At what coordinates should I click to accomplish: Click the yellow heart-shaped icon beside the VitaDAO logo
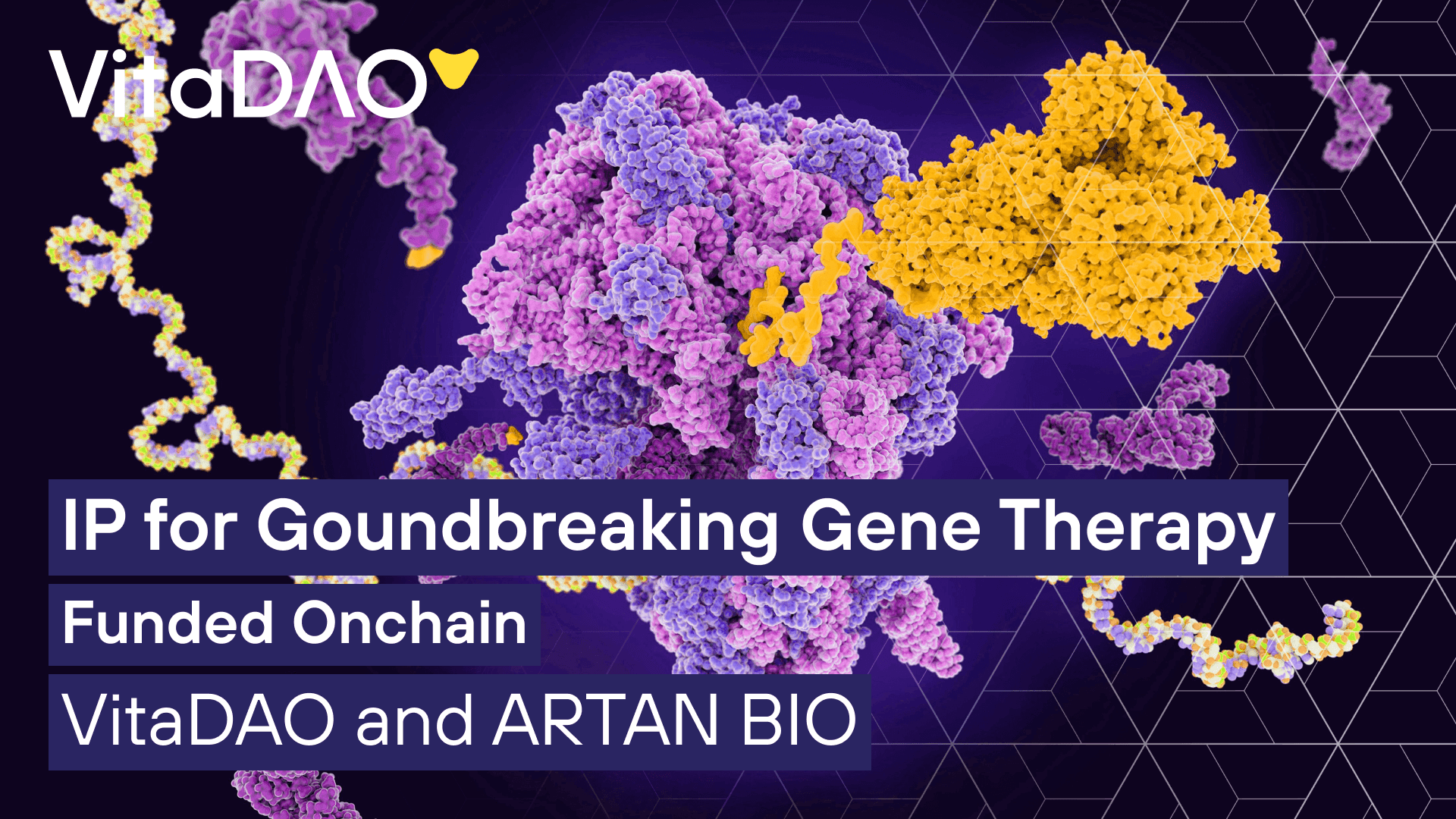click(453, 67)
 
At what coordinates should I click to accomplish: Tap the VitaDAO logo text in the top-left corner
click(239, 83)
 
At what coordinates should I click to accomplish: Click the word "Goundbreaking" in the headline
click(518, 527)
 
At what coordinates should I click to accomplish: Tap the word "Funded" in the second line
click(168, 623)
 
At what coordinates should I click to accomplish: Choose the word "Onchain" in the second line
click(409, 623)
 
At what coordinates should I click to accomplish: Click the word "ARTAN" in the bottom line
click(605, 720)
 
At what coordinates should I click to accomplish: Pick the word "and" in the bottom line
click(415, 720)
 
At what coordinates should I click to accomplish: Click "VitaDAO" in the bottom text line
click(199, 720)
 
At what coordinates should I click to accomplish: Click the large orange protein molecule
click(1077, 197)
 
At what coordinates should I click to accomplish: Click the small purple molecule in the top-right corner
click(1350, 102)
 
